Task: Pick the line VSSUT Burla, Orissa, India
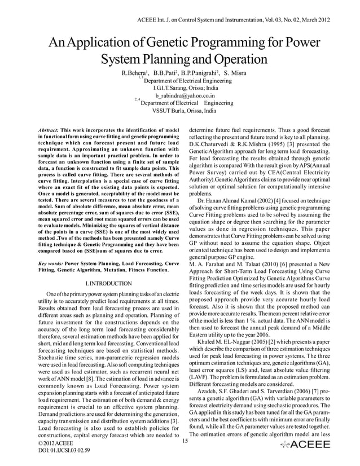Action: [x=180, y=111]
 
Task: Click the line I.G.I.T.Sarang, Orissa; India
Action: [x=181, y=89]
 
